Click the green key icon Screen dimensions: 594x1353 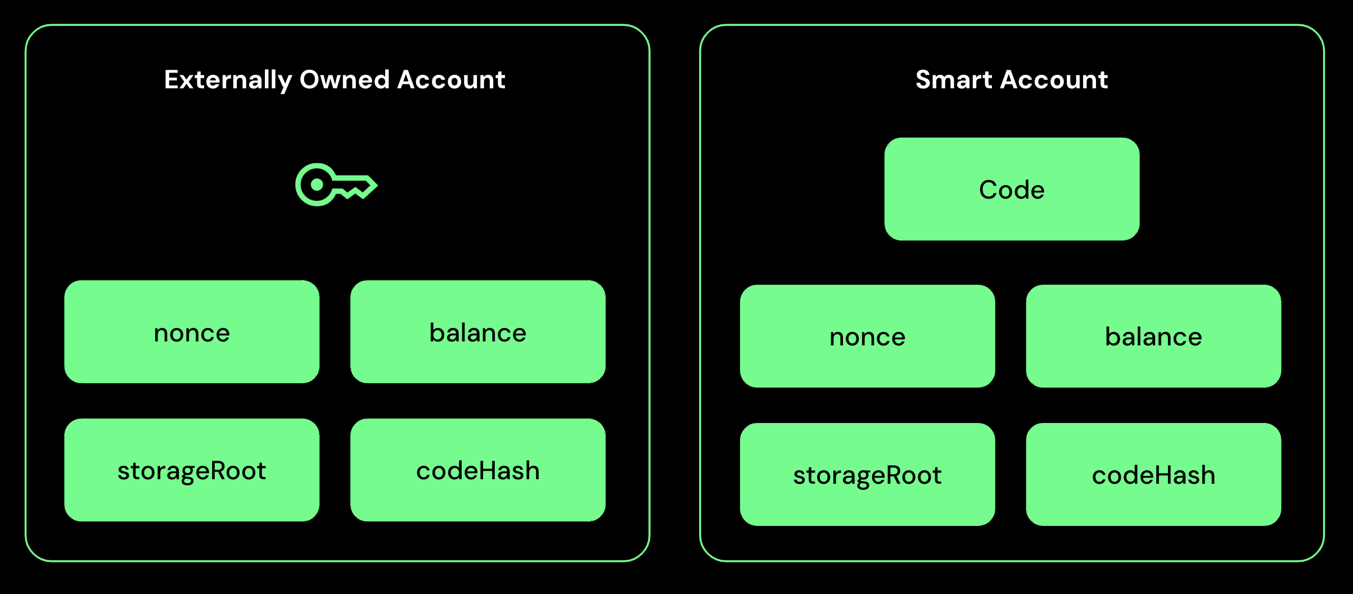pos(336,184)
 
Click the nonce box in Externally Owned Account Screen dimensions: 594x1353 pos(192,332)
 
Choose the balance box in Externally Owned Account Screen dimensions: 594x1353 pos(477,332)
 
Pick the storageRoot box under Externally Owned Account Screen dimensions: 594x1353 pos(192,470)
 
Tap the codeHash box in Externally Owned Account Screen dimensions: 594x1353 pos(477,470)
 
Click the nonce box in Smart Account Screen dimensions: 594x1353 pos(867,336)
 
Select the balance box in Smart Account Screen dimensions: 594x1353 pos(1153,336)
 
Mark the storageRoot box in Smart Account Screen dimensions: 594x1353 pos(867,475)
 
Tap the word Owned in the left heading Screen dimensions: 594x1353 pos(345,80)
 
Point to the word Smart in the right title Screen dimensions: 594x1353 pos(954,80)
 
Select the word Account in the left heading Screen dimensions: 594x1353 pos(452,80)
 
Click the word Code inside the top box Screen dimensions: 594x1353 pos(1012,190)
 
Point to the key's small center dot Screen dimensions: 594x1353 pos(317,184)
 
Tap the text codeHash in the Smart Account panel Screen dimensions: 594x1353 pos(1153,475)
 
